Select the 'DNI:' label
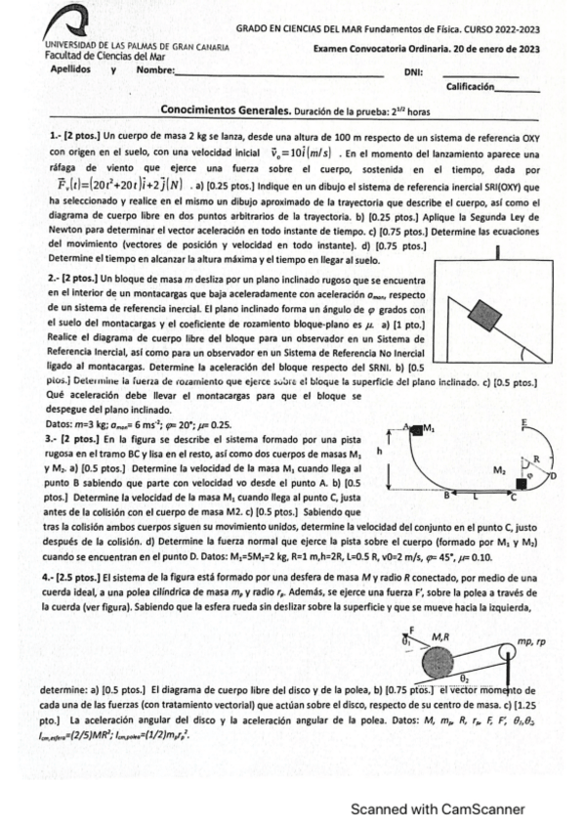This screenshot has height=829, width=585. pyautogui.click(x=412, y=73)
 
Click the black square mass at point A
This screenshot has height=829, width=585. pyautogui.click(x=415, y=427)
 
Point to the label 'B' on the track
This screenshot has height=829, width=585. pyautogui.click(x=447, y=496)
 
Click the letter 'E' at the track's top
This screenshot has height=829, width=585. pyautogui.click(x=524, y=423)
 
